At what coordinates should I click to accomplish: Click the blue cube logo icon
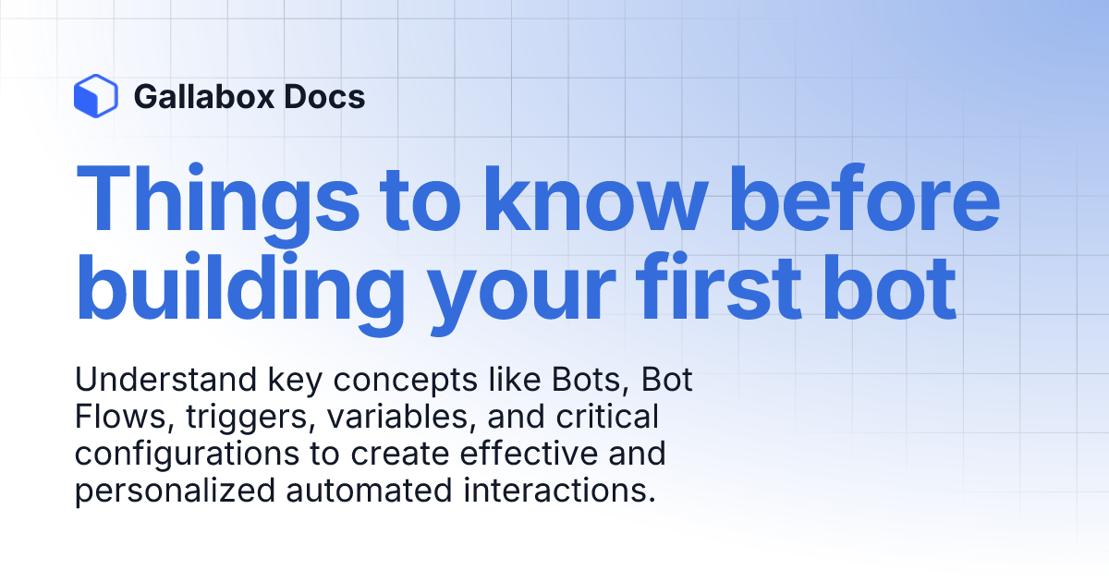pyautogui.click(x=95, y=96)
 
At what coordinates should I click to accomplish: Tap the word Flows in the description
pyautogui.click(x=112, y=418)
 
